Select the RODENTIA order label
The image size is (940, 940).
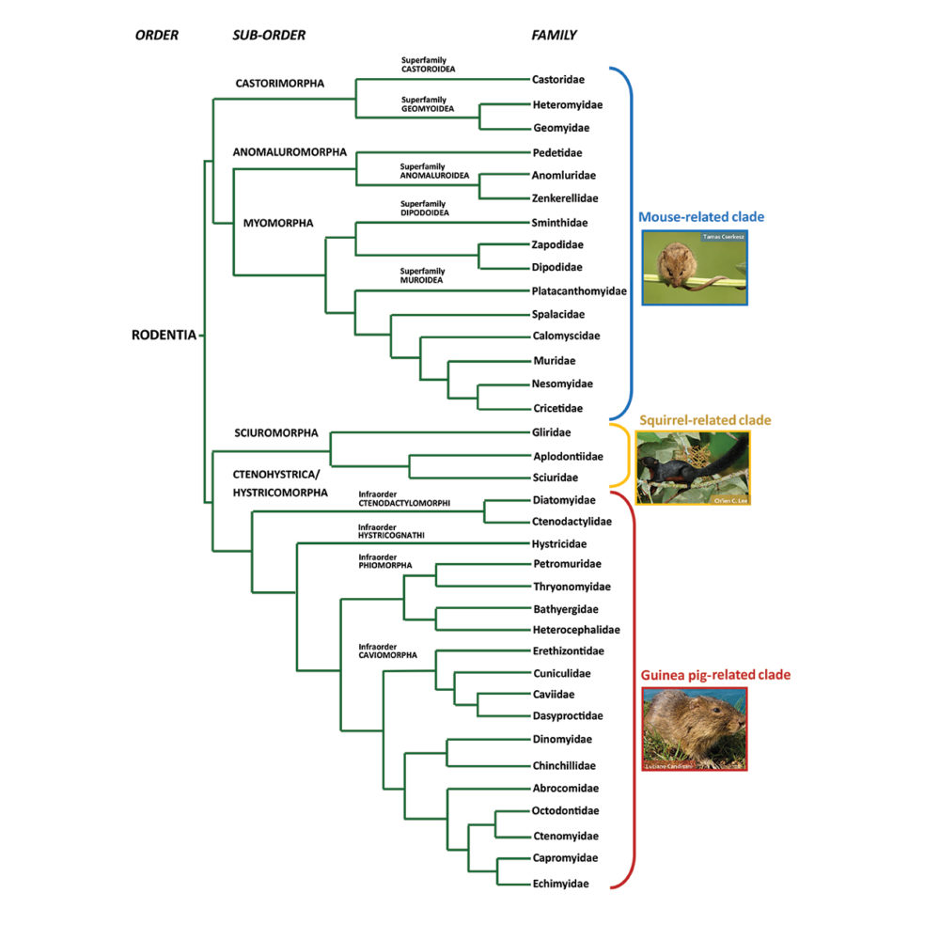[x=164, y=335]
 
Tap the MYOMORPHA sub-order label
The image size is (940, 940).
[x=278, y=223]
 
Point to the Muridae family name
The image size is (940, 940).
[x=553, y=360]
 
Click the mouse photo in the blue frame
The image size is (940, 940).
[x=695, y=267]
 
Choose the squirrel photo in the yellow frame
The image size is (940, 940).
[x=693, y=467]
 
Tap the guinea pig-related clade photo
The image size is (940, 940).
[x=694, y=729]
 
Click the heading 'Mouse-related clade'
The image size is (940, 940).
[x=701, y=217]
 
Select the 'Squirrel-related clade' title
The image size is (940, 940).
[x=699, y=419]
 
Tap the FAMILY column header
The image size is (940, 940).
[x=554, y=36]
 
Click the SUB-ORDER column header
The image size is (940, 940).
[x=269, y=36]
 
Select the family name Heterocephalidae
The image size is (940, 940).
[x=576, y=629]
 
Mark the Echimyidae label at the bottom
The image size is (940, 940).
[x=560, y=884]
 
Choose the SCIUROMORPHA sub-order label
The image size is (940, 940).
[x=276, y=433]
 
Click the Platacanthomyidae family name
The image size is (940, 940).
[x=579, y=291]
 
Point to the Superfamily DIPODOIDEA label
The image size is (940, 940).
[x=425, y=208]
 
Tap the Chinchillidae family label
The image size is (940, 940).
[x=564, y=765]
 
